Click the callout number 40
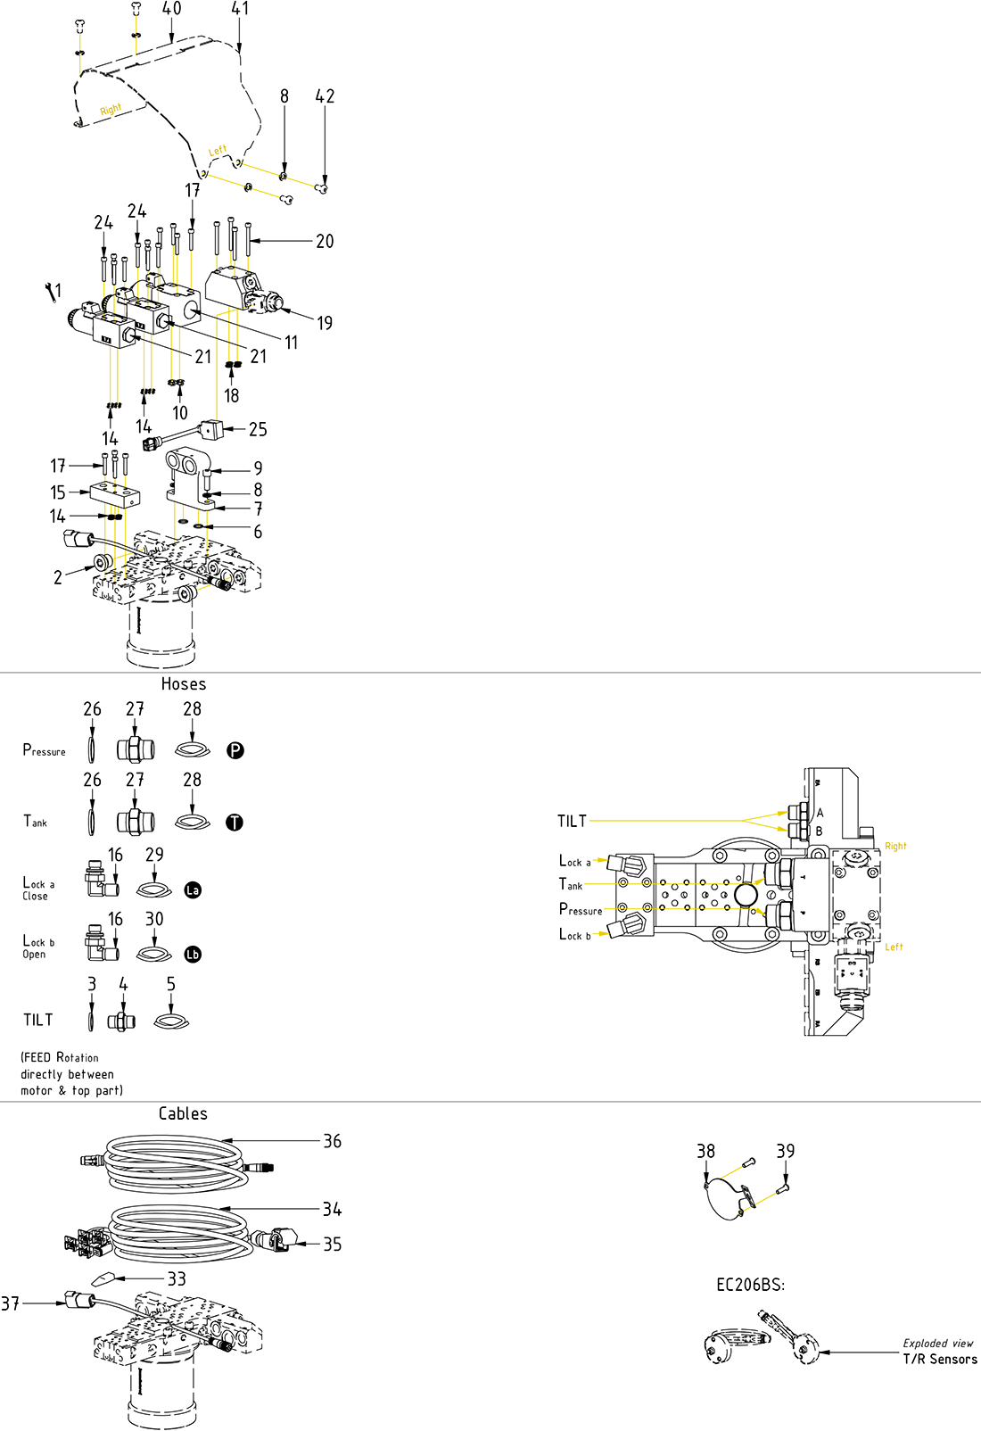coord(171,9)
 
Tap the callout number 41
coord(240,9)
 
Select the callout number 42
coord(325,96)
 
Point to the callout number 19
coord(325,323)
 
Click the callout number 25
coord(258,430)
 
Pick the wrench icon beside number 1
coord(48,290)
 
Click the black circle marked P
coord(235,750)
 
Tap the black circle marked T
coord(235,823)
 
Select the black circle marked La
coord(193,889)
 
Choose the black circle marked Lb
coord(193,955)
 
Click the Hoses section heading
coord(184,684)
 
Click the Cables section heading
coord(183,1113)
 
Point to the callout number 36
coord(332,1141)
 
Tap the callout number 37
coord(10,1303)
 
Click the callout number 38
coord(705,1151)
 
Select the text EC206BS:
coord(750,1285)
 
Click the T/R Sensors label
coord(940,1359)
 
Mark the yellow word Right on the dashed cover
coord(111,110)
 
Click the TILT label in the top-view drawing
coord(572,821)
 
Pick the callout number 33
coord(177,1279)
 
